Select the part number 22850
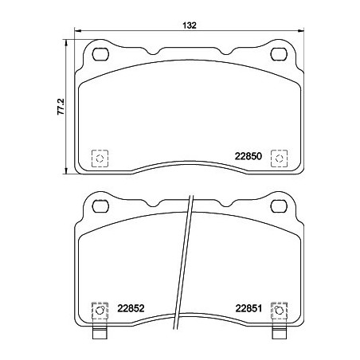click(247, 158)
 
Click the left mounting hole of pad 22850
click(101, 55)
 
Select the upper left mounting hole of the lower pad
click(101, 208)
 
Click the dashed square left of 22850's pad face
click(100, 158)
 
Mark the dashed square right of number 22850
click(279, 158)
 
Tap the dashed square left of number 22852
click(100, 311)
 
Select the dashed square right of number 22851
click(279, 311)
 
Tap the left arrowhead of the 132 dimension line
click(77, 33)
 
